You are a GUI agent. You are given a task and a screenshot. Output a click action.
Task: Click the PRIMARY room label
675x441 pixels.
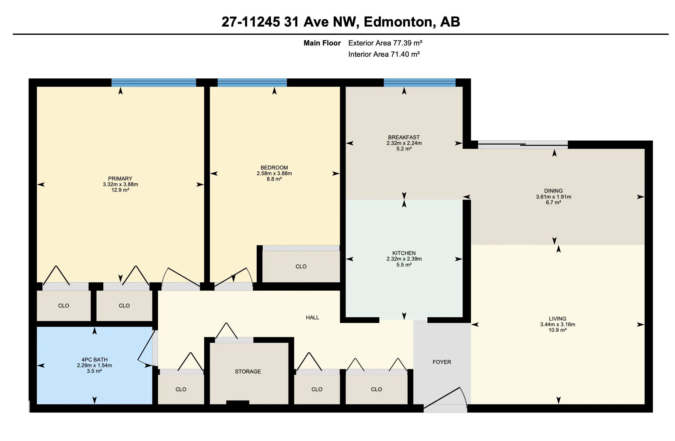[x=120, y=179]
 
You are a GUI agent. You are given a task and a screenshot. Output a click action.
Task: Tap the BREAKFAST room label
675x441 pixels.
[x=404, y=137]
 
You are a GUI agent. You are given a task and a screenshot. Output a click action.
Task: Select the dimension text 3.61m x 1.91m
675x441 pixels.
[x=553, y=197]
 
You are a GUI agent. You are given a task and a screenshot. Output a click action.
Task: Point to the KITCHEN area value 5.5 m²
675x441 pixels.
[x=404, y=265]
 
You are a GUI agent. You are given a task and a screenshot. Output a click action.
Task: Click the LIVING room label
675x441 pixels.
[x=557, y=319]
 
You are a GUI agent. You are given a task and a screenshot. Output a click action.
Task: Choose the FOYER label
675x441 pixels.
[x=442, y=362]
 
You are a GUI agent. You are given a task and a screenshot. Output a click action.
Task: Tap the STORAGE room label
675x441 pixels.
[x=248, y=372]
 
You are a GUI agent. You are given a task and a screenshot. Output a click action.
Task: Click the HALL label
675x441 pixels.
[x=313, y=318]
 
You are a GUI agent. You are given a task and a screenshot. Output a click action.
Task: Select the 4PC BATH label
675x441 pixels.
[x=94, y=360]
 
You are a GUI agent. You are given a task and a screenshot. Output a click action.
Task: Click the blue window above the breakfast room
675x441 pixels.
[x=419, y=83]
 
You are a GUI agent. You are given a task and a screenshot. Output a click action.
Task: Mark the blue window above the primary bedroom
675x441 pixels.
[x=154, y=83]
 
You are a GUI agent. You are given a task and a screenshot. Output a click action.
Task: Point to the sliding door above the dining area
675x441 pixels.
[x=523, y=145]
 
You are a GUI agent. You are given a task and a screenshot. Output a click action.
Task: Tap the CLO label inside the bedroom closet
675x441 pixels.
[x=301, y=266]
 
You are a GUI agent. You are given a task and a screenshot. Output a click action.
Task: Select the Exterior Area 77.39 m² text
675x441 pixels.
[x=385, y=43]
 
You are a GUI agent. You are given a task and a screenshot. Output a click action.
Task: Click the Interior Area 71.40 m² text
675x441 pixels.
[x=384, y=54]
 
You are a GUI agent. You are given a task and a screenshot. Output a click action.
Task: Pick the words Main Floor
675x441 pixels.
[x=322, y=43]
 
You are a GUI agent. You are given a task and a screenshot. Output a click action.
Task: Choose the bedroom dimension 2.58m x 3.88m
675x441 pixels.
[x=274, y=173]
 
